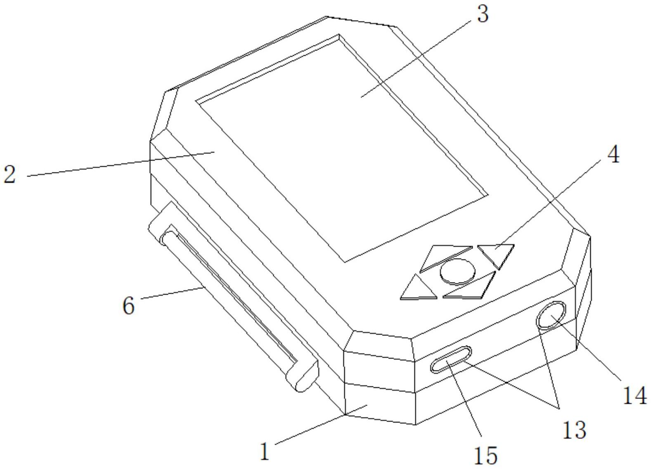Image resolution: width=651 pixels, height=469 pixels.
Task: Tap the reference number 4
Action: coord(613,156)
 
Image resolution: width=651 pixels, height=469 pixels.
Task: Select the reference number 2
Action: coord(10,174)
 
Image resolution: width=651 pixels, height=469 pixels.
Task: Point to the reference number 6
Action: coord(129,306)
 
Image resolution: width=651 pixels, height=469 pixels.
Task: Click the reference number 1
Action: coord(265,451)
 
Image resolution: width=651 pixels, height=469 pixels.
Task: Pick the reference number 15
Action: coord(486,455)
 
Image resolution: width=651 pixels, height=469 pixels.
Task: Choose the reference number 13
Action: coord(574,429)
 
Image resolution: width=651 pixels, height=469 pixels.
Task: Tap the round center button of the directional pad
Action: coord(457,271)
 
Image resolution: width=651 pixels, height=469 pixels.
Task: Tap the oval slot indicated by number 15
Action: coord(450,359)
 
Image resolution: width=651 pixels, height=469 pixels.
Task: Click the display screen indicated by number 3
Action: coord(343,148)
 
